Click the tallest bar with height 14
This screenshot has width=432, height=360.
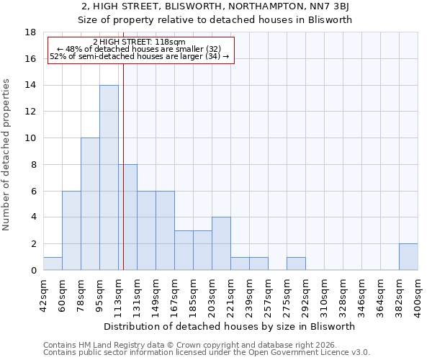pyautogui.click(x=109, y=178)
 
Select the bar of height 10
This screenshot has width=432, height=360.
pyautogui.click(x=90, y=204)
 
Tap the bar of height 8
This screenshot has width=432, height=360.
pyautogui.click(x=127, y=217)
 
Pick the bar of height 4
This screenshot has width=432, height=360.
pyautogui.click(x=221, y=243)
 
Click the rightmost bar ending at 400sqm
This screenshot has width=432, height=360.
pyautogui.click(x=408, y=257)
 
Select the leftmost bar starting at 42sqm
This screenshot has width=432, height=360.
pyautogui.click(x=53, y=264)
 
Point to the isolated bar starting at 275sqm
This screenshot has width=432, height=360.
pyautogui.click(x=296, y=264)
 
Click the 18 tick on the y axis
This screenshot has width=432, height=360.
pyautogui.click(x=31, y=32)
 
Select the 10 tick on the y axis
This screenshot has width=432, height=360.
pyautogui.click(x=31, y=138)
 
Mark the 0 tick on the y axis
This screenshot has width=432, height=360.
pyautogui.click(x=34, y=270)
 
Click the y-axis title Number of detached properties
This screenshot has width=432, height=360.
pyautogui.click(x=7, y=151)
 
